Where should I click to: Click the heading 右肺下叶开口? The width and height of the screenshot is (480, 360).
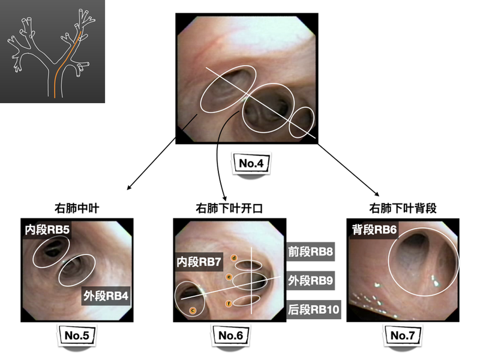(x=230, y=209)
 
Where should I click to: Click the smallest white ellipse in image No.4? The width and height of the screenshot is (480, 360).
(x=302, y=122)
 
